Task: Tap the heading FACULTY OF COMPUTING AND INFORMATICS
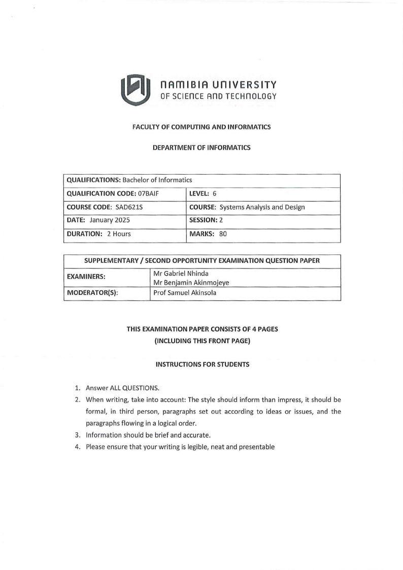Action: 201,127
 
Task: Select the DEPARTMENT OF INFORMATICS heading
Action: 201,148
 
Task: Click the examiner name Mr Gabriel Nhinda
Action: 177,274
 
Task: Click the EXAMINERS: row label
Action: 86,278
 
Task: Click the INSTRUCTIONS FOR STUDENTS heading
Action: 201,365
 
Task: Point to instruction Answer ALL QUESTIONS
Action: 122,388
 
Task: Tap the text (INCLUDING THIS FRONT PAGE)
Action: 201,341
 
